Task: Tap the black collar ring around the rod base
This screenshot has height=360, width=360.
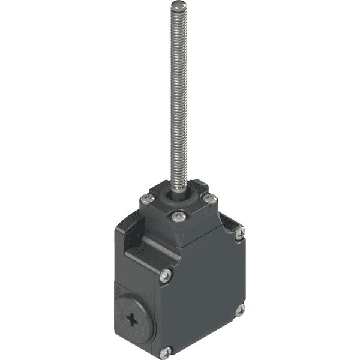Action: click(x=179, y=195)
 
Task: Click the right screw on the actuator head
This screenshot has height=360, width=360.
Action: click(x=209, y=198)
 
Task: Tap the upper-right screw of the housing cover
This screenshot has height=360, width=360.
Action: click(x=240, y=230)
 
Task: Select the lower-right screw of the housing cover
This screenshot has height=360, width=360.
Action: click(x=240, y=310)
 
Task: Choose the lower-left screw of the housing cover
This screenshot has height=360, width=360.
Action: click(x=167, y=352)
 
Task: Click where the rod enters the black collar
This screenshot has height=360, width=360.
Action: click(x=179, y=189)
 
